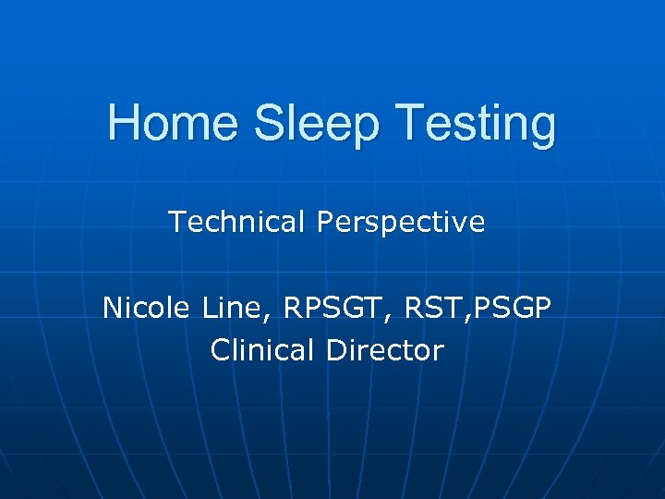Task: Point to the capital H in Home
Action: tap(121, 125)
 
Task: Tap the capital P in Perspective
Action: tap(325, 223)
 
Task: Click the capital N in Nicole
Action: tap(112, 307)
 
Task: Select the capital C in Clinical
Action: tap(221, 350)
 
